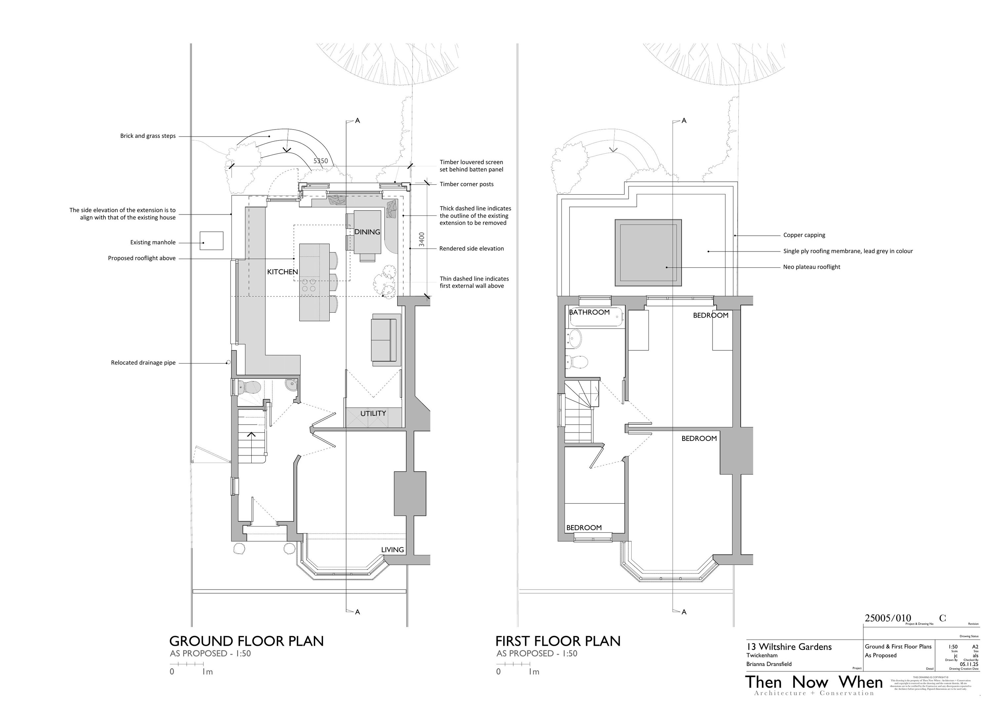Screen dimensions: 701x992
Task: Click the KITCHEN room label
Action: click(x=283, y=272)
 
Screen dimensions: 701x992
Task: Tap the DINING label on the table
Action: click(x=367, y=232)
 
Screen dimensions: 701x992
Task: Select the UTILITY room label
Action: click(x=373, y=413)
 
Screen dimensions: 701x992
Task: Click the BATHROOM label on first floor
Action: click(x=589, y=312)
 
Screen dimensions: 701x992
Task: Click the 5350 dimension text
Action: click(x=321, y=161)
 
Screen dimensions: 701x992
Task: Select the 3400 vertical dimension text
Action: click(x=422, y=240)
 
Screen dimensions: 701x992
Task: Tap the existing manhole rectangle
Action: click(x=212, y=241)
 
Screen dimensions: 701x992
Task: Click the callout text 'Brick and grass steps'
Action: click(x=148, y=136)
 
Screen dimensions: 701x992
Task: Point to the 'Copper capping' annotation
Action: click(x=804, y=235)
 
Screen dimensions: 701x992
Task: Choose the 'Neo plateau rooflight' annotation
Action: click(x=811, y=267)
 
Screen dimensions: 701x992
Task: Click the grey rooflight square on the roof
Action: click(x=648, y=253)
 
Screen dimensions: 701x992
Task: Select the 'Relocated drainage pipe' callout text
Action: click(x=143, y=363)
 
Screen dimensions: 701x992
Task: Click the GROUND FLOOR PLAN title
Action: click(x=246, y=641)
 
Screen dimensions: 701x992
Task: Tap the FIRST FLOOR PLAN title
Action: click(x=558, y=641)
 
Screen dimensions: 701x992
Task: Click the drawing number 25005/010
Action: click(x=888, y=618)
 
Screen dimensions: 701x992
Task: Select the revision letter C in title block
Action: click(x=942, y=618)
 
